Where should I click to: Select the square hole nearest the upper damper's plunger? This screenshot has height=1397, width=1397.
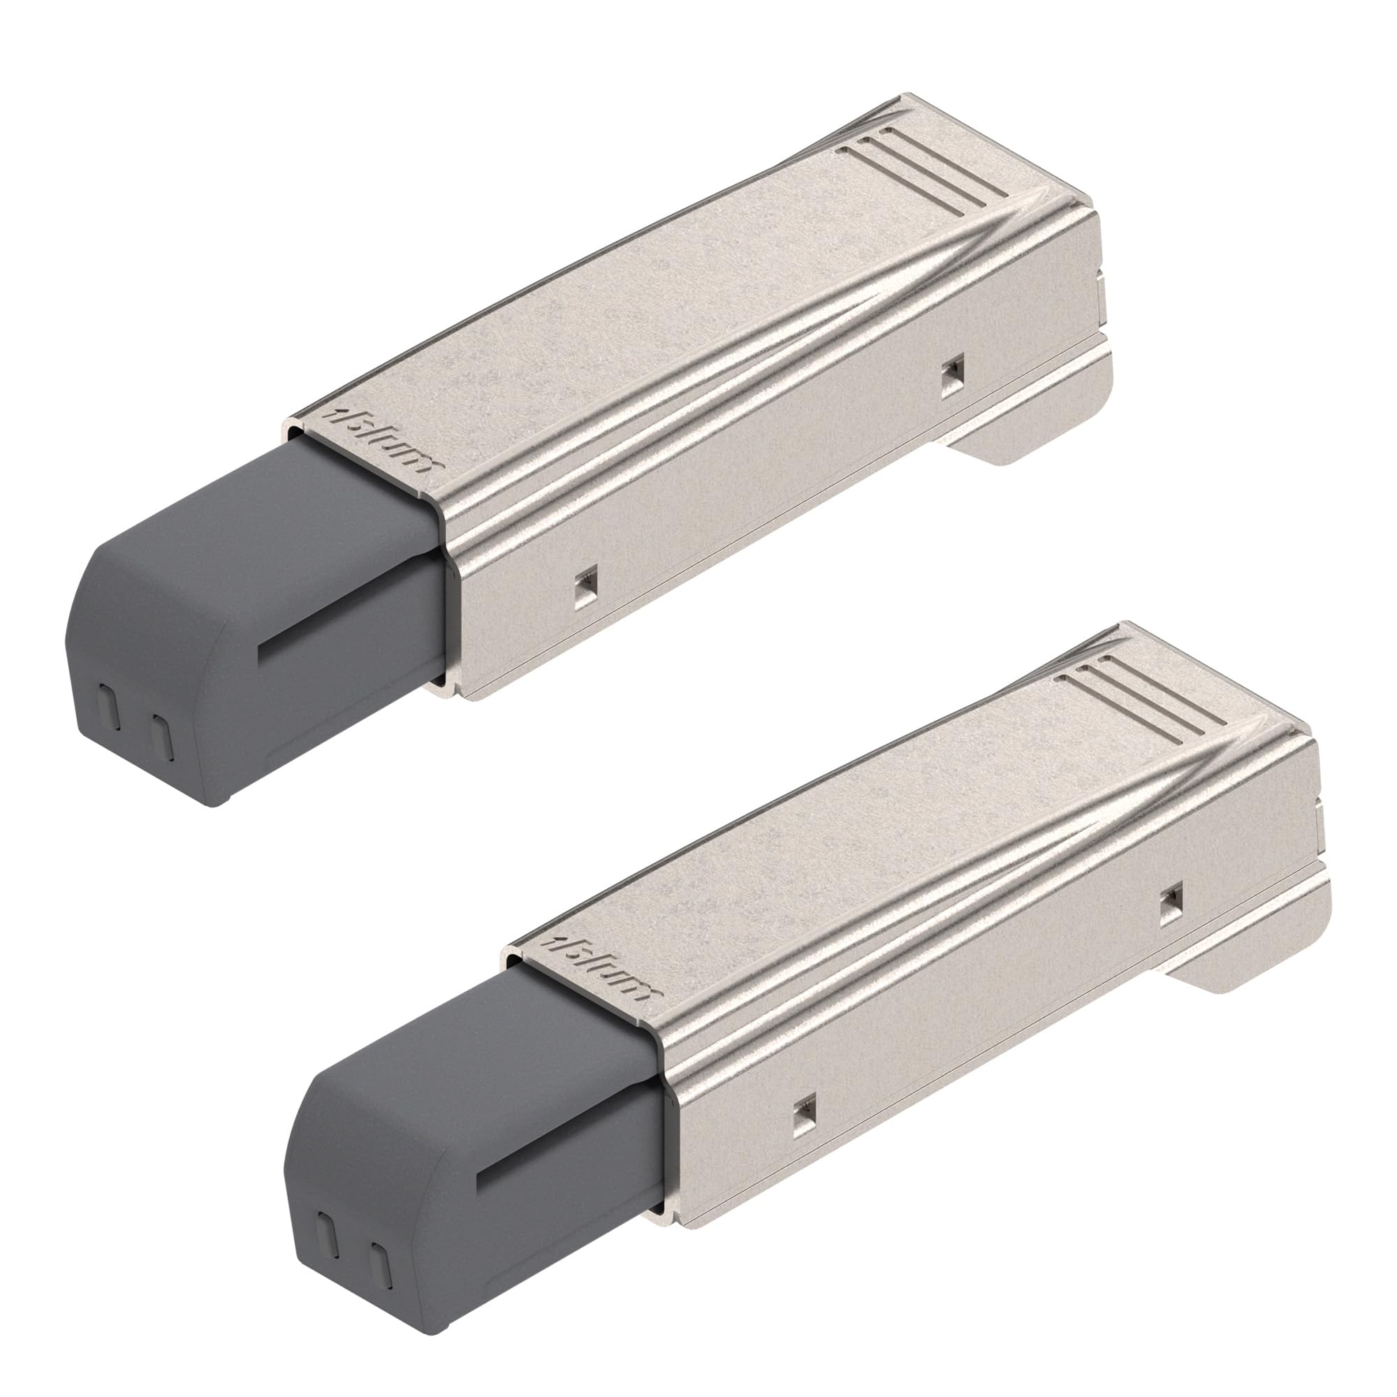click(587, 578)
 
